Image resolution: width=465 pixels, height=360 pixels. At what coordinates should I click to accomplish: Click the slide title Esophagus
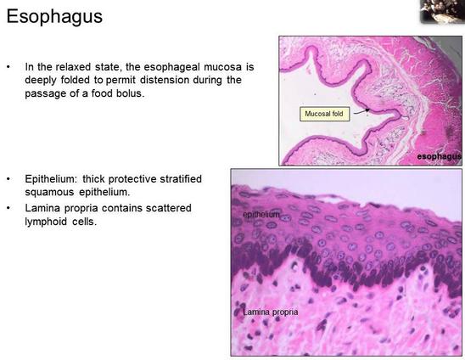(x=54, y=17)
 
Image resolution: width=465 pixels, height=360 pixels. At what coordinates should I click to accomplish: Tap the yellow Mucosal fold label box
(x=324, y=114)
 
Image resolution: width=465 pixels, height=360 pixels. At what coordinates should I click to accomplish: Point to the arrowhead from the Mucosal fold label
(x=367, y=110)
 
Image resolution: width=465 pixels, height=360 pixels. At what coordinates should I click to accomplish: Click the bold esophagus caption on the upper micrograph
(x=439, y=156)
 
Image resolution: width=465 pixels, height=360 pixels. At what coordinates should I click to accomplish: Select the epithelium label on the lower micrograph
(x=261, y=214)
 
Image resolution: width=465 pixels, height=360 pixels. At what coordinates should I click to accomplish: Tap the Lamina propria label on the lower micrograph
(x=271, y=312)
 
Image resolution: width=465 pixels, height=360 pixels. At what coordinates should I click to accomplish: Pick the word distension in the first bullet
(x=165, y=80)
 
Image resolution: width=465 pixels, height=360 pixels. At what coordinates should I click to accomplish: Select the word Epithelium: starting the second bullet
(x=52, y=179)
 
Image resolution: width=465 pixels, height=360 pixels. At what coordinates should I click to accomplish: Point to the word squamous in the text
(x=49, y=193)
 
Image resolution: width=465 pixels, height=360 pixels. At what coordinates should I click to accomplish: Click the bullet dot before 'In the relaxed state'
(x=8, y=67)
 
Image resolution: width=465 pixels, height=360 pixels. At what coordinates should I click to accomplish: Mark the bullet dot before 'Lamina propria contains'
(x=8, y=208)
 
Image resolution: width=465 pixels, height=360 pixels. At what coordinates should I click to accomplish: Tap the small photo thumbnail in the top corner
(x=442, y=11)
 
